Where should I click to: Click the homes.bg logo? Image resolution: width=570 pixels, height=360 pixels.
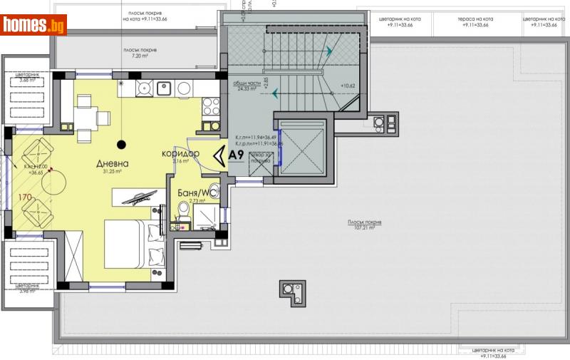tap(33, 26)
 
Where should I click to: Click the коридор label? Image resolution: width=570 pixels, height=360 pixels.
tap(180, 154)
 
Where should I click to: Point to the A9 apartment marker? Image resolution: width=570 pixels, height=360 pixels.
tap(237, 153)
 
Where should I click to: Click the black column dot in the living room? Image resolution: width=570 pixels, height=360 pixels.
tap(121, 145)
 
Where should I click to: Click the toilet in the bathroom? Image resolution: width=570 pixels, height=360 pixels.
tap(182, 209)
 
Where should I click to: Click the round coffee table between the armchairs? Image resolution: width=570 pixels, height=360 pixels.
tap(55, 184)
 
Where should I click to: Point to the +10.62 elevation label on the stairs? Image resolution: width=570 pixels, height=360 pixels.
tap(348, 87)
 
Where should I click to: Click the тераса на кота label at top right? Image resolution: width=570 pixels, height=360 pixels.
tap(473, 21)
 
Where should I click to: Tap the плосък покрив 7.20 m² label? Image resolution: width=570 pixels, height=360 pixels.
tap(139, 52)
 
